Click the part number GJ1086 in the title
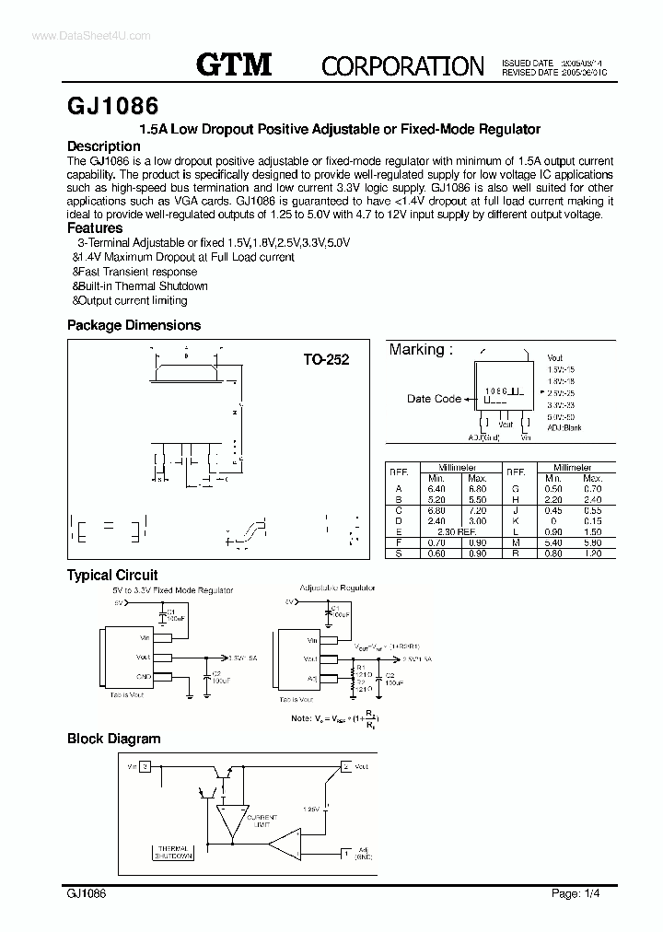[x=113, y=104]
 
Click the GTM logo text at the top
[x=234, y=64]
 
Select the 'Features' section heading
[x=95, y=227]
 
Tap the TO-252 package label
[x=327, y=360]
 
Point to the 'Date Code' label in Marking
[x=434, y=399]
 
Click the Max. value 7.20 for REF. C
[x=477, y=509]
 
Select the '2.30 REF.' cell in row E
[x=457, y=530]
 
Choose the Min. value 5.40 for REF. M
[x=552, y=542]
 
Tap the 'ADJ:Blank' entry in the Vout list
[x=564, y=427]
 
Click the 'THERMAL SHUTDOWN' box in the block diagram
[x=173, y=852]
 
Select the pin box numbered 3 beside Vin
[x=145, y=766]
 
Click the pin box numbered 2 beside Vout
[x=345, y=766]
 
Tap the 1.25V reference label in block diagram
[x=309, y=810]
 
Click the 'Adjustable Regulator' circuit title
[x=337, y=587]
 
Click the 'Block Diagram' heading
[x=113, y=739]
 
